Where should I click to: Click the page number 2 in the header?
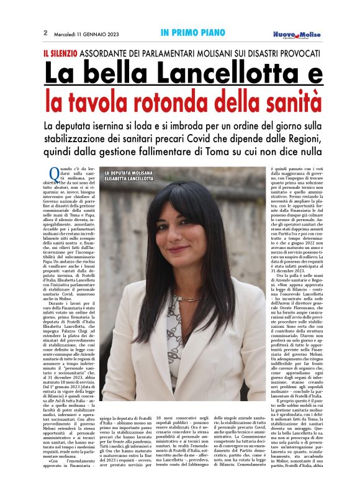[45, 32]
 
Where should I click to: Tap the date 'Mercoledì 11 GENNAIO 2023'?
[86, 32]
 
